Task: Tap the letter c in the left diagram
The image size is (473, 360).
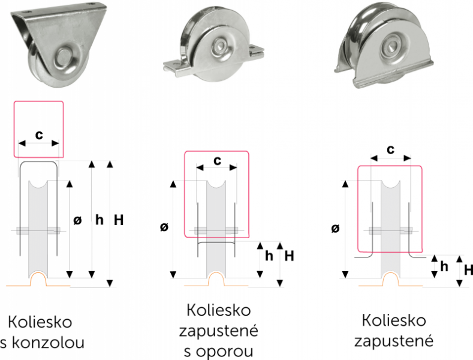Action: point(39,134)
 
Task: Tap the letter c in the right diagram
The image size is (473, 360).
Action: point(390,149)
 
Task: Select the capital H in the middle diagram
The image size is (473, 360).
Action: point(289,256)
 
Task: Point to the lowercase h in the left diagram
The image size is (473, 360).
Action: point(100,221)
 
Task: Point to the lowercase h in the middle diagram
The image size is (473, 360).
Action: point(269,256)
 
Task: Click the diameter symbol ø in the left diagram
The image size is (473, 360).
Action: point(77,221)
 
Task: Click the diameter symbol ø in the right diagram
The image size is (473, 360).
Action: point(335,229)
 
